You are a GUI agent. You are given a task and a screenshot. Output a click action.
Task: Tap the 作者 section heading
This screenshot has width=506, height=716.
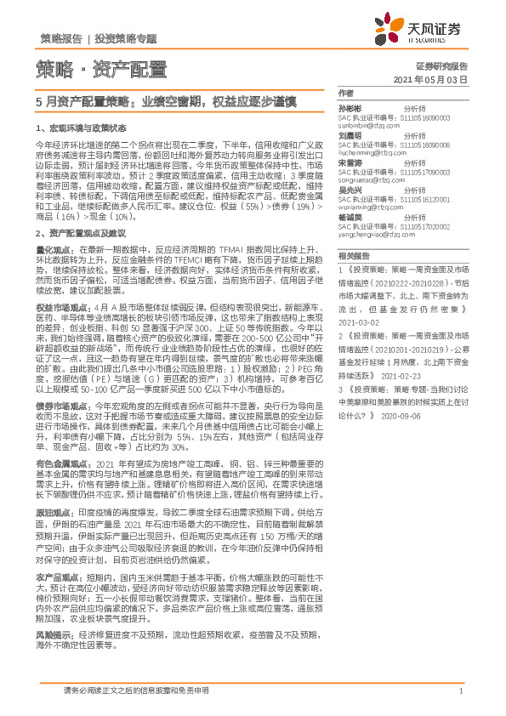click(345, 94)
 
